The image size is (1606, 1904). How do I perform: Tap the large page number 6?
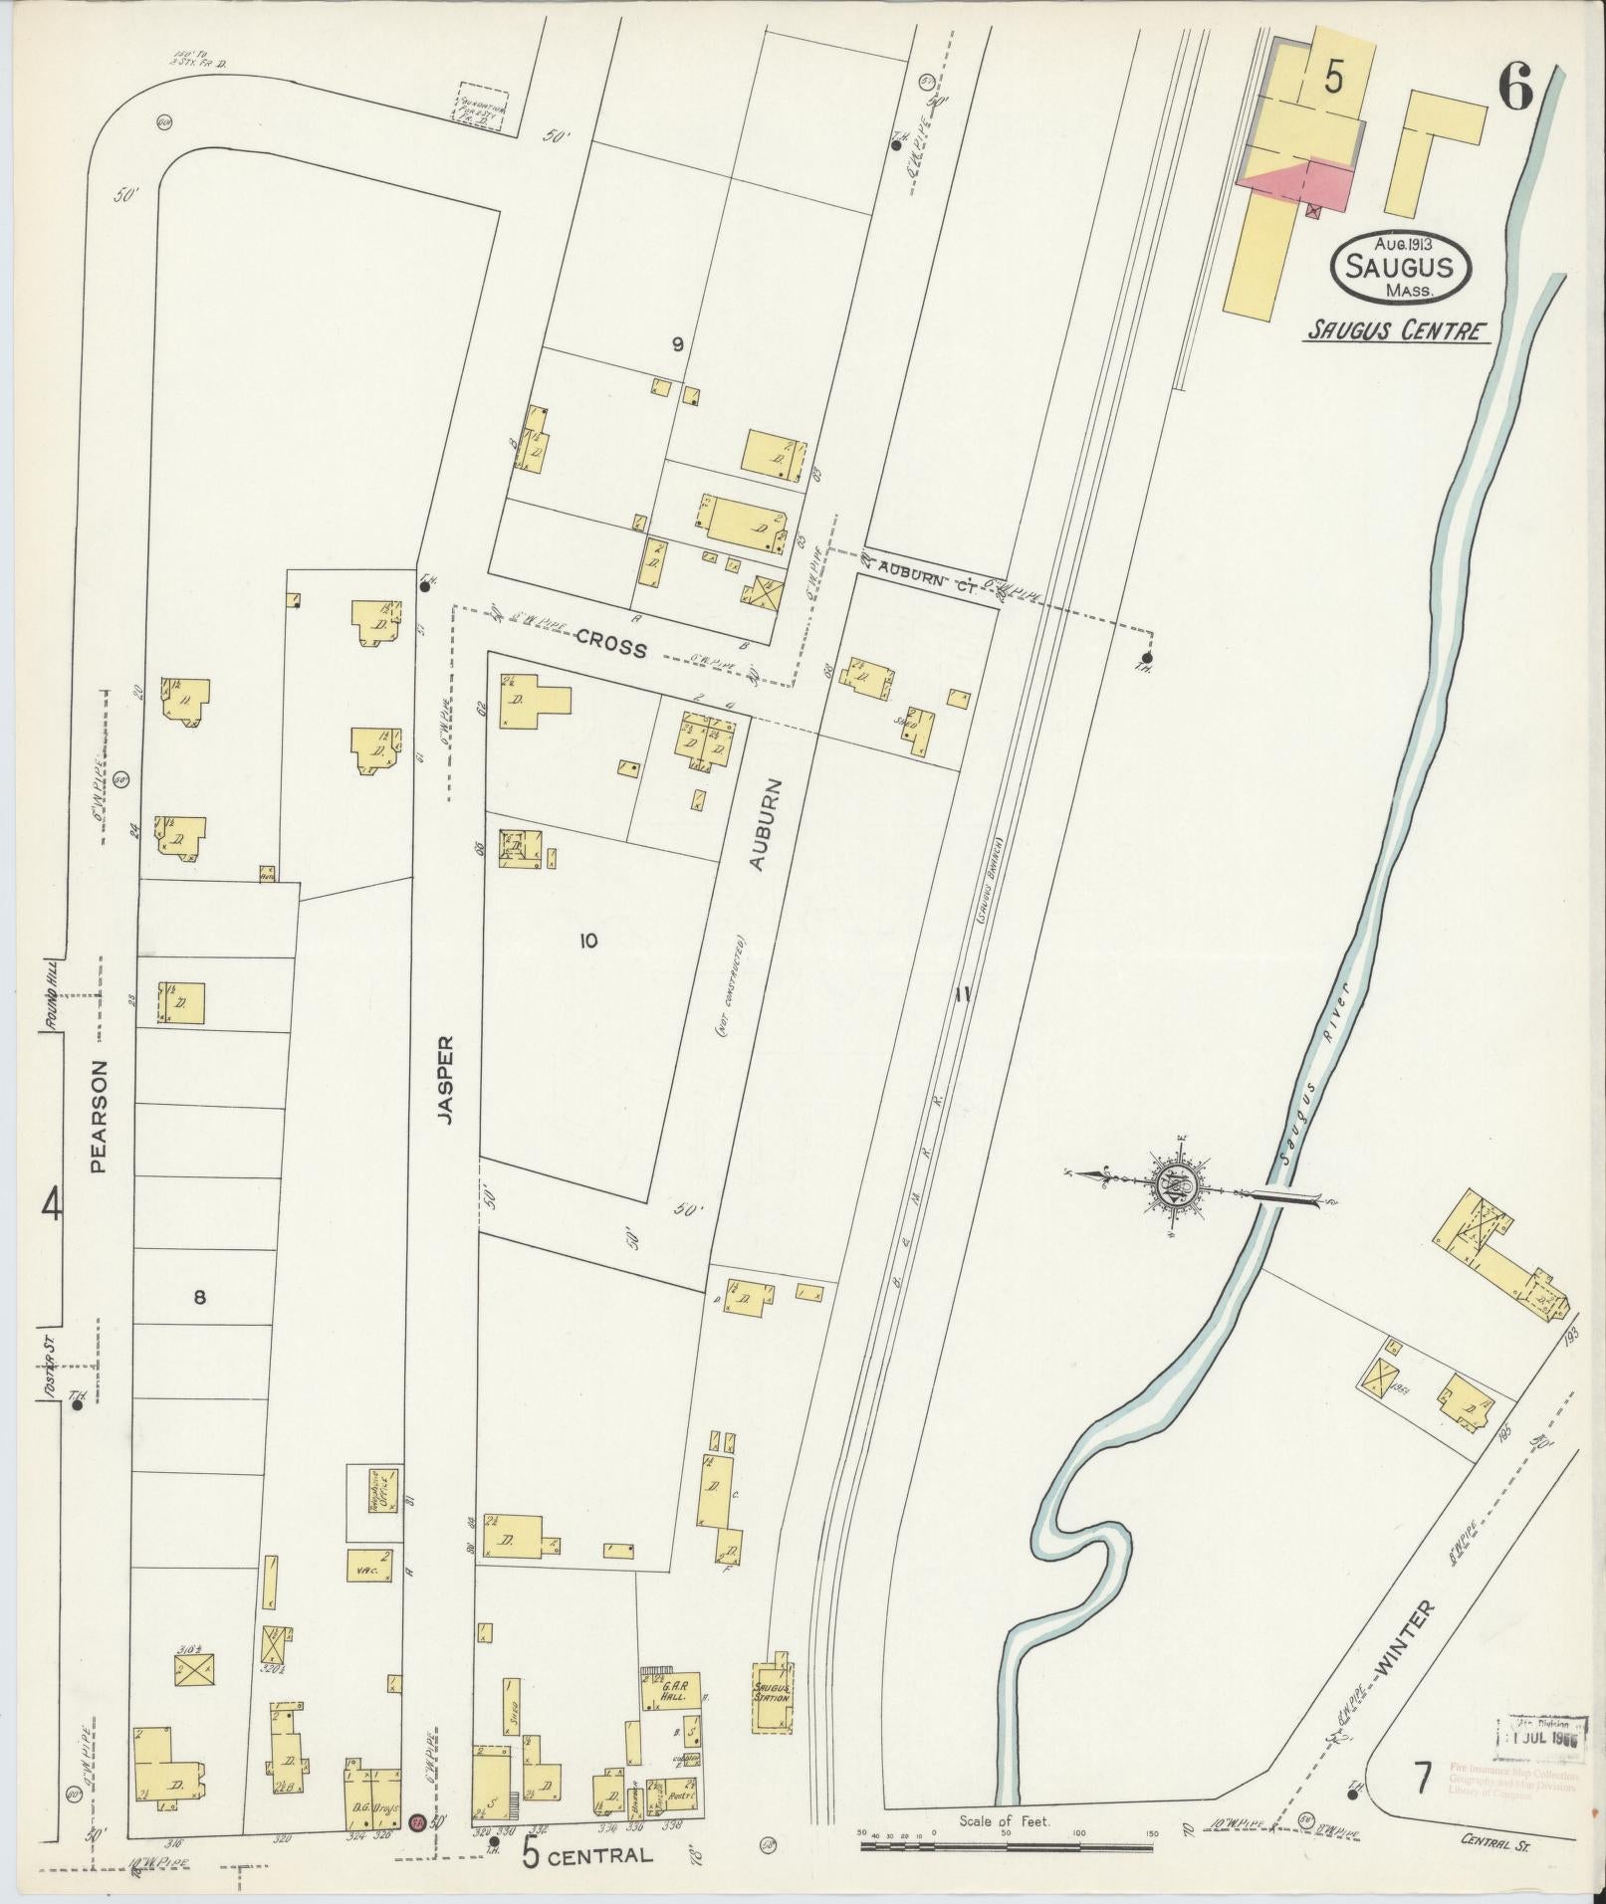(x=1515, y=92)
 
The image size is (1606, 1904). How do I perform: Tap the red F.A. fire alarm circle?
(x=417, y=1822)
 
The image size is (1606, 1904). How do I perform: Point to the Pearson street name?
(x=99, y=1116)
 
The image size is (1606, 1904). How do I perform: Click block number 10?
(x=588, y=940)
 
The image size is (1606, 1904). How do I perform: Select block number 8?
(x=199, y=1296)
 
